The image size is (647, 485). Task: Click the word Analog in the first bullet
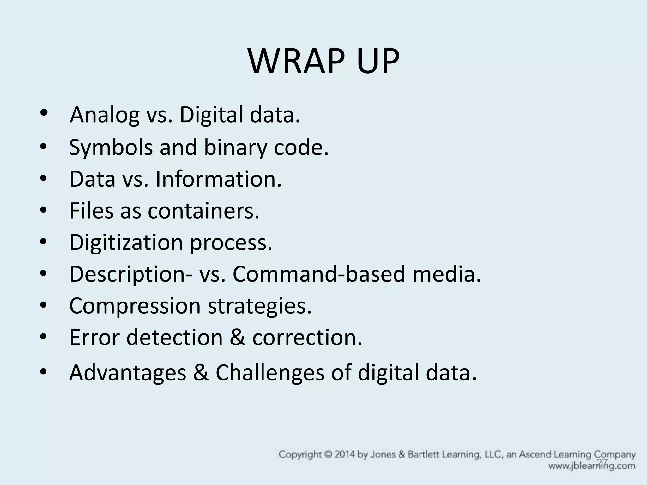click(x=105, y=115)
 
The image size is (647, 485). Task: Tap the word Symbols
click(x=111, y=147)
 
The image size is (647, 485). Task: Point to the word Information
click(x=218, y=179)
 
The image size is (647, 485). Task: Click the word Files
click(x=91, y=211)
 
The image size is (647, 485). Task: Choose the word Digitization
click(x=126, y=242)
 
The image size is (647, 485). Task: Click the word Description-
click(x=131, y=274)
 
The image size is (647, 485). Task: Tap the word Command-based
click(x=319, y=274)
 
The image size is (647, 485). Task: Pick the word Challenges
click(x=270, y=373)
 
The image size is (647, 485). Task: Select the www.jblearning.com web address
click(x=592, y=466)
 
